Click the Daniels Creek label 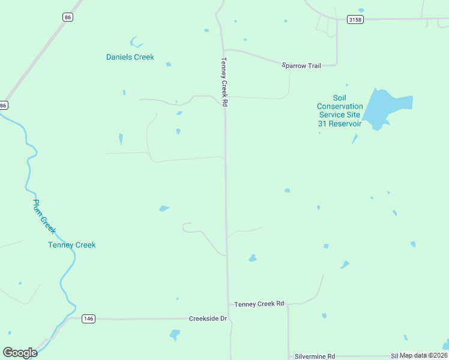(x=130, y=58)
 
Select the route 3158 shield (x=355, y=20)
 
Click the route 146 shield (x=88, y=319)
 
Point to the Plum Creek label (x=44, y=217)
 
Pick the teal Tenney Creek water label (x=71, y=245)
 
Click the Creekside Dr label (x=208, y=319)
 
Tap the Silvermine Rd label (x=315, y=356)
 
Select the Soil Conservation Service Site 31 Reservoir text (x=339, y=111)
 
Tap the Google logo (x=20, y=353)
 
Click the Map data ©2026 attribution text (x=424, y=356)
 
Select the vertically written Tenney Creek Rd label (x=224, y=82)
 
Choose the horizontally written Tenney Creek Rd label (x=259, y=304)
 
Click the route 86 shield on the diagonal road (x=67, y=17)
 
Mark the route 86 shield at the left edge (x=4, y=106)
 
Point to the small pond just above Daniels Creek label (x=136, y=43)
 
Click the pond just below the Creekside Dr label (x=175, y=334)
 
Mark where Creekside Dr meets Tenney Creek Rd (x=229, y=319)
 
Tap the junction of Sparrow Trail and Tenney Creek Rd (x=223, y=50)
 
